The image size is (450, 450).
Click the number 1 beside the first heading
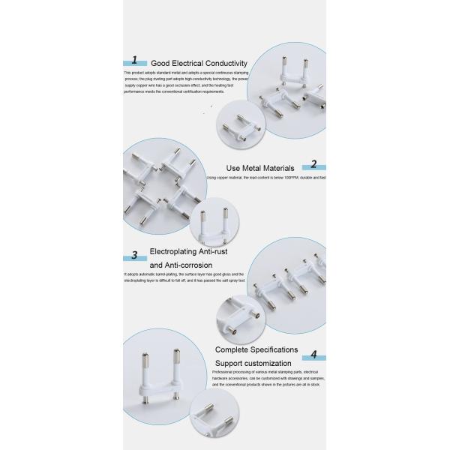pyautogui.click(x=135, y=60)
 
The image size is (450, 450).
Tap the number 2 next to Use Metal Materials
pyautogui.click(x=314, y=164)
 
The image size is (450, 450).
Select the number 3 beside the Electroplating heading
pyautogui.click(x=134, y=255)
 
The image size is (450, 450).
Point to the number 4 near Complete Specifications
pyautogui.click(x=314, y=354)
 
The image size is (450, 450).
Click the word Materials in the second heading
pyautogui.click(x=280, y=168)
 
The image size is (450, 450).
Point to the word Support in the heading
pyautogui.click(x=230, y=363)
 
